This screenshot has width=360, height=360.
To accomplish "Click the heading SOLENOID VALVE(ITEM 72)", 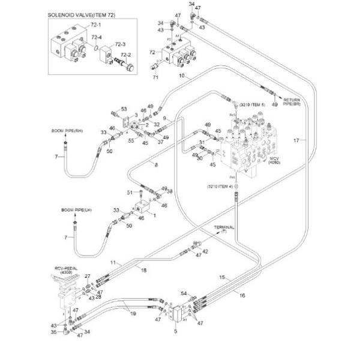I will tap(85, 13).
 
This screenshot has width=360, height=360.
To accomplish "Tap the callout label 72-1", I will tap(96, 26).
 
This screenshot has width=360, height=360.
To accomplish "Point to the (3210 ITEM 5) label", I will tap(252, 104).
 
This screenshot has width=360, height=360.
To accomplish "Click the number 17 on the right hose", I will tap(296, 140).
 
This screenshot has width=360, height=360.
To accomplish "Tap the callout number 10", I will tap(181, 76).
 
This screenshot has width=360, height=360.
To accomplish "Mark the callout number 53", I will tap(124, 109).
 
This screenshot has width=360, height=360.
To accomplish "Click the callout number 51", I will tap(130, 192).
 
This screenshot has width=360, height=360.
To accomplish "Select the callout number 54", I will tap(184, 293).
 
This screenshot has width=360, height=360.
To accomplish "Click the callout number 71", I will tap(155, 77).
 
